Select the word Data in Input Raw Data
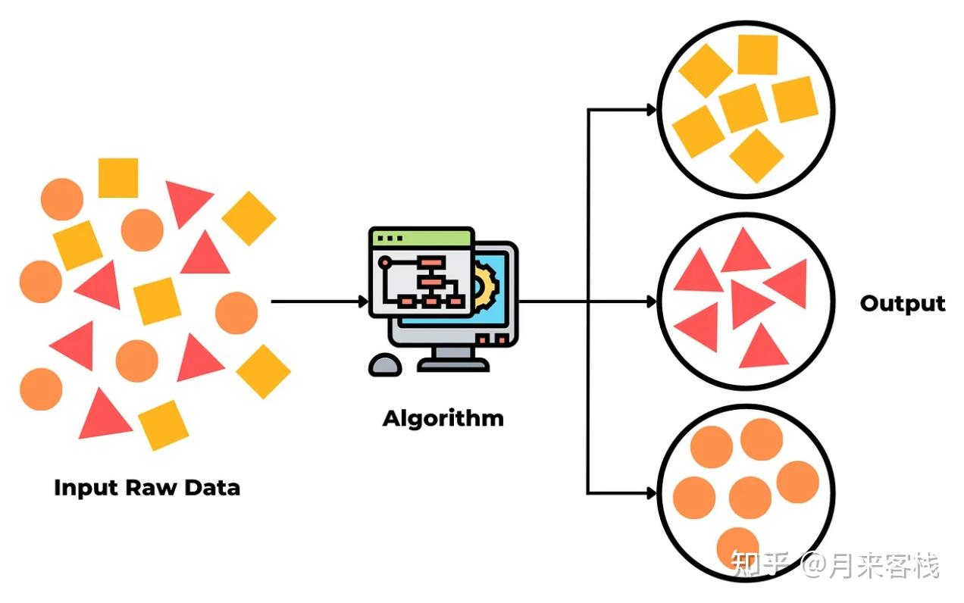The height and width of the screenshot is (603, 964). coord(212,487)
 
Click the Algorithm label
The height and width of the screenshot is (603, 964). coord(443,418)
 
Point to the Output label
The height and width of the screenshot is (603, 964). coord(903,304)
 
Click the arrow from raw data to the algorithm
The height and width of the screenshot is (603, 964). coord(318,301)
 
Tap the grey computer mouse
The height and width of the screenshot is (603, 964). coord(385,365)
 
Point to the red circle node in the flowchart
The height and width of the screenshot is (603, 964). coord(385,262)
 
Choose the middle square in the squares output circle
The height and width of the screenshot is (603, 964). coord(743,108)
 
